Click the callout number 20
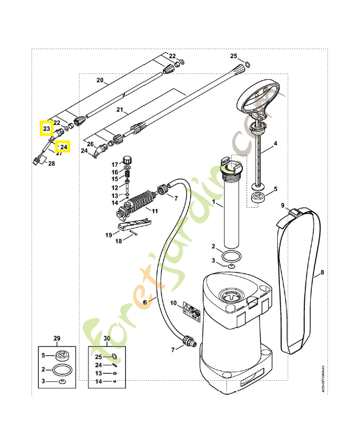click(100, 80)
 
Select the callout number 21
click(119, 110)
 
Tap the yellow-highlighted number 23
click(46, 129)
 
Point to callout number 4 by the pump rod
click(276, 144)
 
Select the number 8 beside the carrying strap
click(322, 273)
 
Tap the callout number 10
click(173, 303)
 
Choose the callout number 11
click(155, 211)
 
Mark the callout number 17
click(115, 165)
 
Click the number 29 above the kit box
click(56, 338)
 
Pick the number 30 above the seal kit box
click(107, 338)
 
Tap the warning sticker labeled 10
click(192, 311)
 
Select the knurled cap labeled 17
click(128, 157)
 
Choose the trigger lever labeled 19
click(135, 224)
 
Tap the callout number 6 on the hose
click(145, 302)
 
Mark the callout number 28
click(51, 164)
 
